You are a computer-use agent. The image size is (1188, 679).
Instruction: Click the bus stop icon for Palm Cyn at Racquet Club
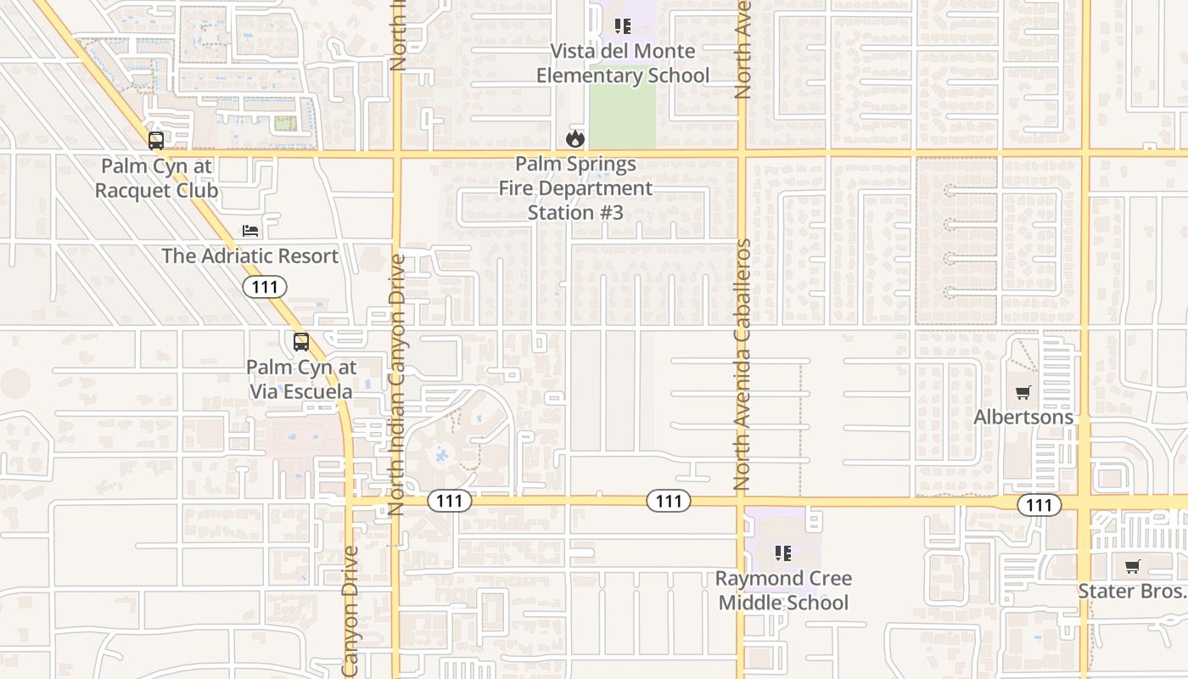156,141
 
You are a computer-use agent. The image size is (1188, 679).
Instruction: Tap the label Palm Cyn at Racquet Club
156,178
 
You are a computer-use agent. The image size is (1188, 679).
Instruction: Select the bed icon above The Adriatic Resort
249,231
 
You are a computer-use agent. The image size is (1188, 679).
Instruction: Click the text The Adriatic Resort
249,255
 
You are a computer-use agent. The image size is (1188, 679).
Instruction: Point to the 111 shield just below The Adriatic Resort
265,287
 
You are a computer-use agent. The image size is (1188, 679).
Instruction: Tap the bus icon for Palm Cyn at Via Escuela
301,342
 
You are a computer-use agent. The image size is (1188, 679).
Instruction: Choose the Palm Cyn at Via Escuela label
301,379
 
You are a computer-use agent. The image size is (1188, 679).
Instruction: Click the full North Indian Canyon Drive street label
396,384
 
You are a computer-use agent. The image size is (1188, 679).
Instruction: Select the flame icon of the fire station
575,138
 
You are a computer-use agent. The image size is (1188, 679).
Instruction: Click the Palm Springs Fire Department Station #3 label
575,188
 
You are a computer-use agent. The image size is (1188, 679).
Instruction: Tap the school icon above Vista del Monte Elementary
623,26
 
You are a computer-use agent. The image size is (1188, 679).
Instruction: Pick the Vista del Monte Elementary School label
623,64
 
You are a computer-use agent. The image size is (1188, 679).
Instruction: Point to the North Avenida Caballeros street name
742,365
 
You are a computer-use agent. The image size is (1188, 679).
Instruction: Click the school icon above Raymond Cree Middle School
783,553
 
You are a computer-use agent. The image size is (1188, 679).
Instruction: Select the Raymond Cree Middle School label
783,591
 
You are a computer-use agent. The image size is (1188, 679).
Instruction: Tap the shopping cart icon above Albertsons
1023,393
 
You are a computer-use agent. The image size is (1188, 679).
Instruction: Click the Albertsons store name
1023,417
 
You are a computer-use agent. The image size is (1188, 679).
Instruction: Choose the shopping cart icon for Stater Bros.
1132,566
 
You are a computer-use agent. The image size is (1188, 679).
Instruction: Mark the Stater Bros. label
1132,591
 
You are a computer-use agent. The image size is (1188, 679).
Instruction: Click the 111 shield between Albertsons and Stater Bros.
1039,505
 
